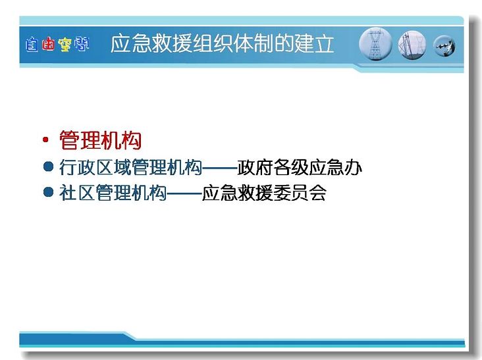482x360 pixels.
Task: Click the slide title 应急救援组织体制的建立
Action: click(222, 43)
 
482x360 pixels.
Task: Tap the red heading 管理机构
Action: click(100, 140)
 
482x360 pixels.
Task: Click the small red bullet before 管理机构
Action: click(46, 140)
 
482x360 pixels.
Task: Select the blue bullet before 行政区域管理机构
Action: click(48, 167)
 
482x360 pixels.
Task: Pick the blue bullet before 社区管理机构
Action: click(48, 192)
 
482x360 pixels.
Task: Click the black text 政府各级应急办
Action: click(300, 167)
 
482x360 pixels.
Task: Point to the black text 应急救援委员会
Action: click(264, 193)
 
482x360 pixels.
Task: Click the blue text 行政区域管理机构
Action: click(130, 167)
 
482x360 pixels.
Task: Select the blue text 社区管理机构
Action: click(113, 193)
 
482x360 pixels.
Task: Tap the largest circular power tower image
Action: click(375, 44)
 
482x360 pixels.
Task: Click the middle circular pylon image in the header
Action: click(412, 45)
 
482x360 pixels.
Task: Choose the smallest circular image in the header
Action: click(444, 46)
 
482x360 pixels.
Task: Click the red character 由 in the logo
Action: click(48, 44)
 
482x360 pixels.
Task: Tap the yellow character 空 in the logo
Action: click(65, 44)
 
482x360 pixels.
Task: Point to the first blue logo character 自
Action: click(32, 44)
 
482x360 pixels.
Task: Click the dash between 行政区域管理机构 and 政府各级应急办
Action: click(220, 168)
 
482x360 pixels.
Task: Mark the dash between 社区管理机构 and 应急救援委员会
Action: click(184, 193)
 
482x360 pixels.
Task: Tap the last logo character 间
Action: click(82, 44)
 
